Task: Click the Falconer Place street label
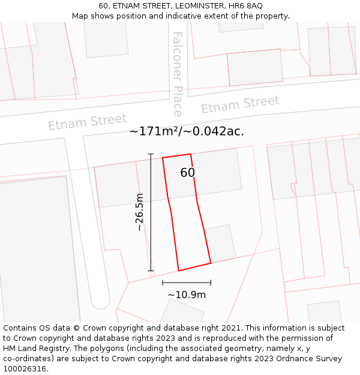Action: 177,74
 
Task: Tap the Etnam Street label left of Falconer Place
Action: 88,122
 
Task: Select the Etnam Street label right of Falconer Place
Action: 240,105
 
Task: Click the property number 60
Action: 188,173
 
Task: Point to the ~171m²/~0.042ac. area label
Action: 187,131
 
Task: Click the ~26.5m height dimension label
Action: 140,212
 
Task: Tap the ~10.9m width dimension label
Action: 187,295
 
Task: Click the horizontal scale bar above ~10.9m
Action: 187,282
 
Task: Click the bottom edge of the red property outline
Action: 194,267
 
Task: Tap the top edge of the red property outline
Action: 177,156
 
